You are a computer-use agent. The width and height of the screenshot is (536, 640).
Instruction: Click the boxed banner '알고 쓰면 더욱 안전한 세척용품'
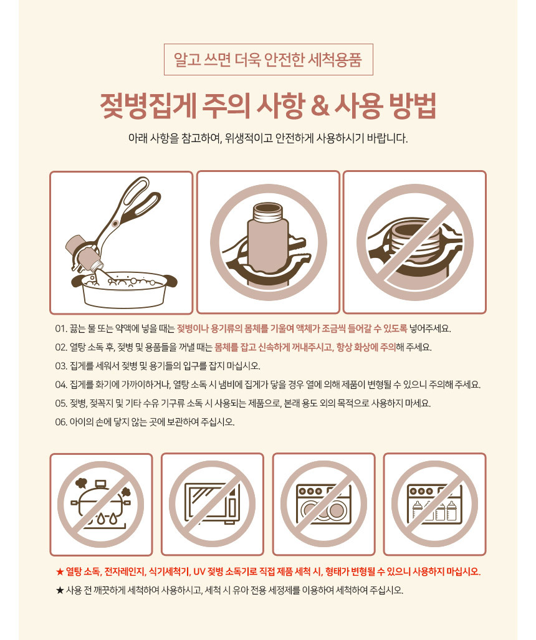pos(268,60)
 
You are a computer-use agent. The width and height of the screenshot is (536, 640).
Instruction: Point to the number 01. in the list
pos(61,329)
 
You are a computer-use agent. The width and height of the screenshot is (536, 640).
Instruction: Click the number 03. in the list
pos(61,366)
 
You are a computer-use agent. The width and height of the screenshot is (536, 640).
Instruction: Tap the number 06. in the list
pos(61,423)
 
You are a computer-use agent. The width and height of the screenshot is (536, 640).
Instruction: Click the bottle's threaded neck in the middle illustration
pos(268,213)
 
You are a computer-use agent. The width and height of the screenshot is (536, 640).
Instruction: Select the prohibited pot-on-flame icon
pos(101,505)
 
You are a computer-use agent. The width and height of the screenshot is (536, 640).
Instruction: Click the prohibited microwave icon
pos(213,505)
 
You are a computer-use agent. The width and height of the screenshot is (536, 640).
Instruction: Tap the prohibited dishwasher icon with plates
pos(323,505)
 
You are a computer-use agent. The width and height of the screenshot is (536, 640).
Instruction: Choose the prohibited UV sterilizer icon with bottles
pos(434,505)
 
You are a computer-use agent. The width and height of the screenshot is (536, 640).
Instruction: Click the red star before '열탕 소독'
pos(60,572)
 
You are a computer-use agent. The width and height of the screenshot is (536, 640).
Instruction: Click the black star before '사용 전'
pos(60,591)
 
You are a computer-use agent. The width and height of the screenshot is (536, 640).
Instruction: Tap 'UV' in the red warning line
pos(199,572)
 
